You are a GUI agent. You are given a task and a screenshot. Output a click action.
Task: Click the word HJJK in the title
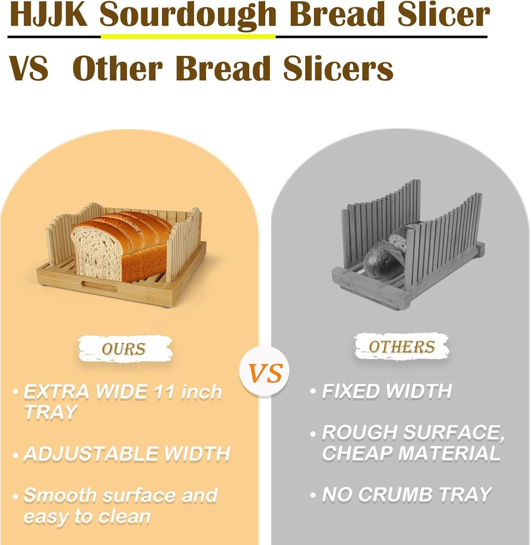tap(48, 16)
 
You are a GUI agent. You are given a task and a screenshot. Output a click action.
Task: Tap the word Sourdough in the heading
tap(188, 16)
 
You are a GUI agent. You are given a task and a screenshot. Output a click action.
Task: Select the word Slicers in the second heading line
tap(338, 69)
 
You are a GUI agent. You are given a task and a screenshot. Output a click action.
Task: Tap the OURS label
tap(124, 349)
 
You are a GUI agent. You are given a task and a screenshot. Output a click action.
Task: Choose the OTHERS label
tap(401, 347)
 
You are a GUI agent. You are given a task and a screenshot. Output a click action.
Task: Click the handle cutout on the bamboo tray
tap(99, 287)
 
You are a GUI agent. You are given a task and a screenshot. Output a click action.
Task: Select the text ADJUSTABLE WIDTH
tap(127, 454)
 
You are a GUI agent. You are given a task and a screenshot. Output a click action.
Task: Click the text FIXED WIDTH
tap(386, 392)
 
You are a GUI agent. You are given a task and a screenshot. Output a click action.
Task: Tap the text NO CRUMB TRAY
tap(407, 495)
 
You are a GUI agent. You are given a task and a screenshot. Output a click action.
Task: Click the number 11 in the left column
tap(161, 392)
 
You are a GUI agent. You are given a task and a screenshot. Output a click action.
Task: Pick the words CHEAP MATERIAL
tap(411, 453)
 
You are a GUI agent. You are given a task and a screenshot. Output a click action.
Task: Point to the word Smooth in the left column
tap(60, 496)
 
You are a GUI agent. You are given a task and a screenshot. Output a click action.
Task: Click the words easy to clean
tap(87, 516)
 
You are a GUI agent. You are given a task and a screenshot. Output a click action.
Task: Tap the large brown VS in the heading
tap(29, 69)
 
